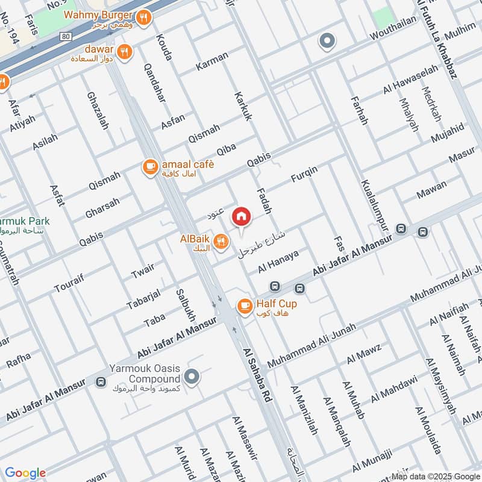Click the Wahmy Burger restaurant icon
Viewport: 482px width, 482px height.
tap(143, 17)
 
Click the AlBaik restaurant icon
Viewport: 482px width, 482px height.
tap(221, 242)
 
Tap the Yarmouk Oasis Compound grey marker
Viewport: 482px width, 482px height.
tap(192, 378)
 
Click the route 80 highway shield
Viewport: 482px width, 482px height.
tap(66, 37)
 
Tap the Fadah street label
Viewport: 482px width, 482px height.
tap(264, 200)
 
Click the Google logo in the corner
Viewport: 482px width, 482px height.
tap(25, 473)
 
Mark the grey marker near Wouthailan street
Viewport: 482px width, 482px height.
tap(327, 41)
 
